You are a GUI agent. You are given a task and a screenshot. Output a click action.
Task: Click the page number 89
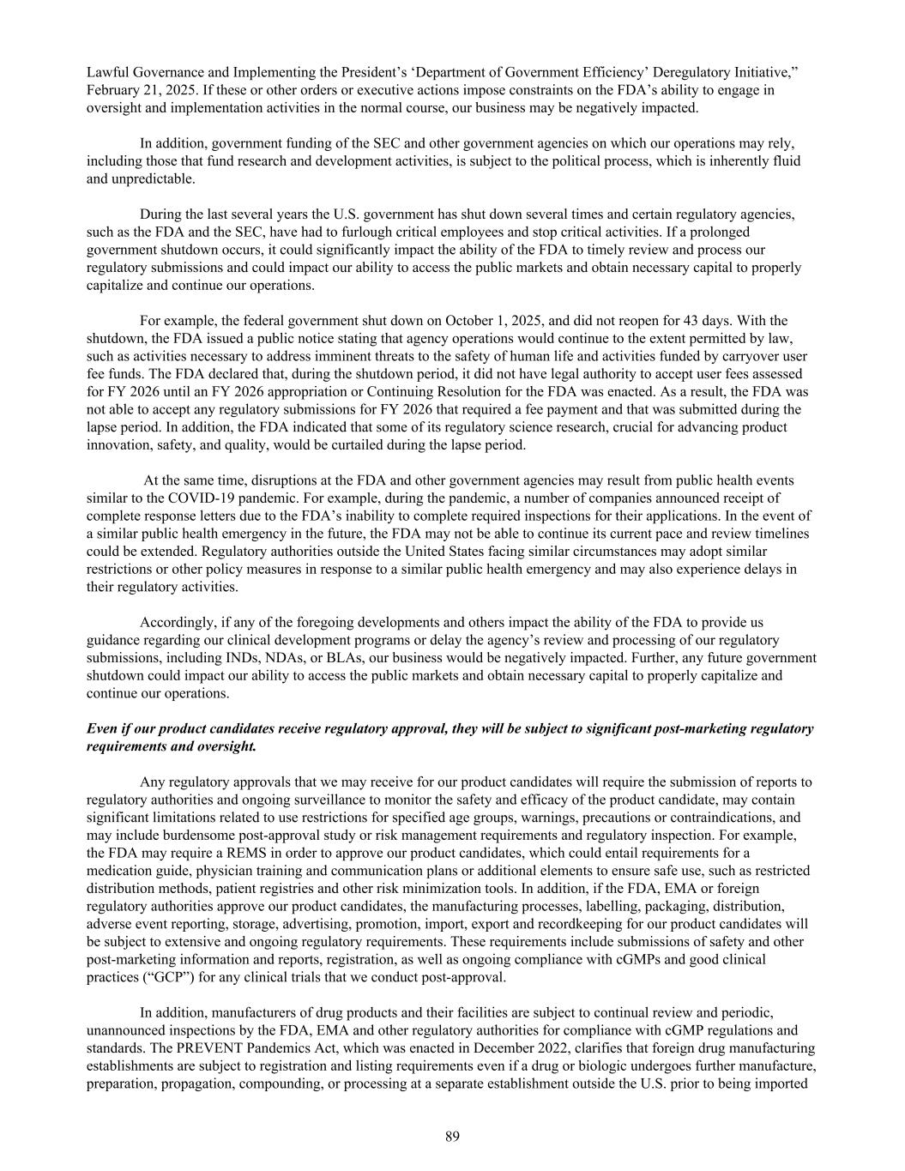452,1137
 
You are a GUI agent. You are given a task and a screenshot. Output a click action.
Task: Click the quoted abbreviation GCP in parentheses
152,977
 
